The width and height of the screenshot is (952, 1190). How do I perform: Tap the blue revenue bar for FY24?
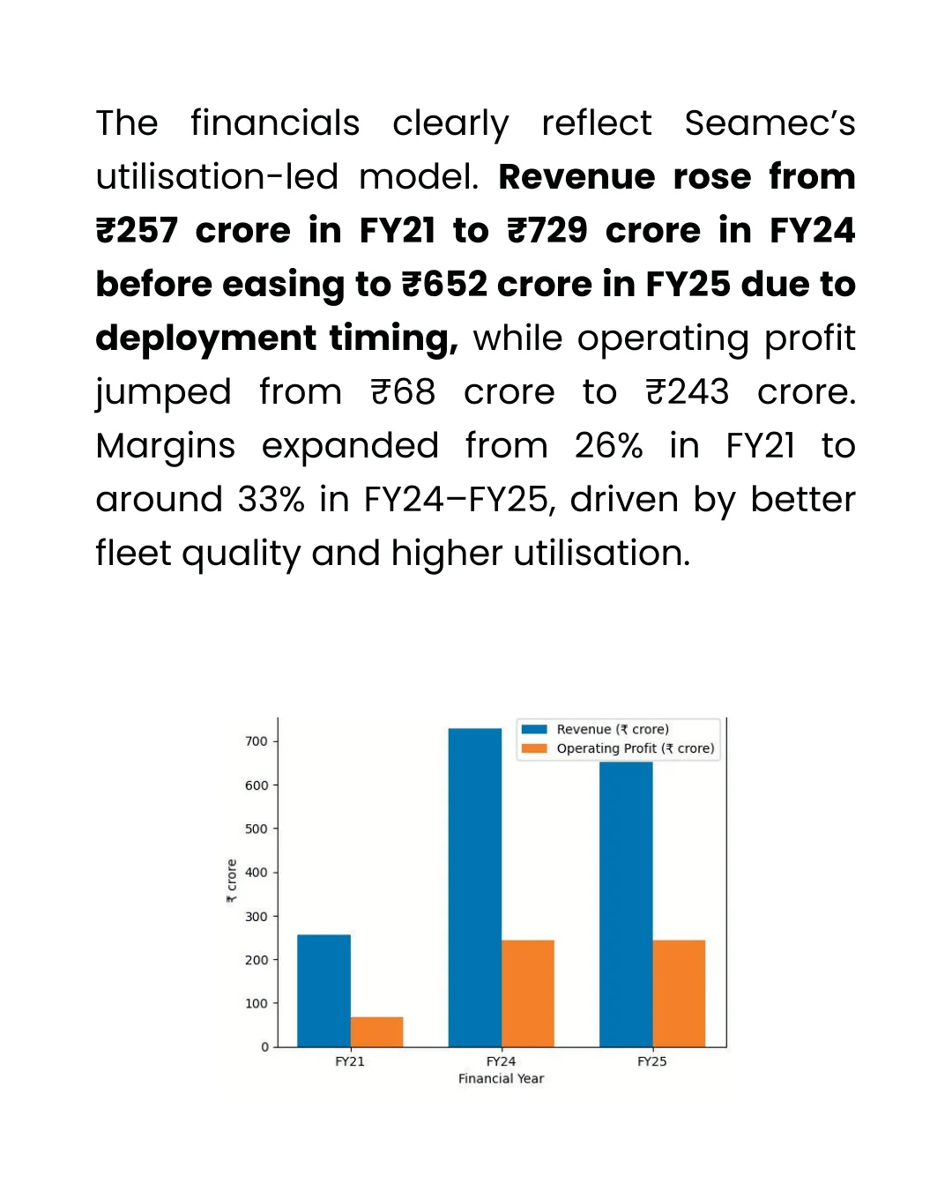(474, 887)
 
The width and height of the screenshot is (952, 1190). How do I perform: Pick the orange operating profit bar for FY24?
(527, 993)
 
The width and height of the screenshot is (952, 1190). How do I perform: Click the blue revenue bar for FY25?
(626, 904)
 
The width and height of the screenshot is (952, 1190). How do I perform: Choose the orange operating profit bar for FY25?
(679, 993)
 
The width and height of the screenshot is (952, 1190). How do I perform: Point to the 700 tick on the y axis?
(257, 741)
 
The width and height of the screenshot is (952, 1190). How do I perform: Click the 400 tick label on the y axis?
(257, 873)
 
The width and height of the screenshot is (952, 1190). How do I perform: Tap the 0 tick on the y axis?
(264, 1047)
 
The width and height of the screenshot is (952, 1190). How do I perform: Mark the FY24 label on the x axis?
(501, 1061)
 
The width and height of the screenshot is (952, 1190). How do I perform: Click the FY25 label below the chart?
(652, 1061)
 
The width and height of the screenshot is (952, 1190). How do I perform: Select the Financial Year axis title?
(501, 1079)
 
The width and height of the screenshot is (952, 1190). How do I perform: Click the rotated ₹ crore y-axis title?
(232, 881)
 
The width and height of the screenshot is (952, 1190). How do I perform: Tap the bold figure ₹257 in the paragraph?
(137, 231)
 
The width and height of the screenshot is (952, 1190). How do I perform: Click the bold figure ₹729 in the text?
(547, 231)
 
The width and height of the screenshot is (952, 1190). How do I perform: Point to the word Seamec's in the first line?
(770, 123)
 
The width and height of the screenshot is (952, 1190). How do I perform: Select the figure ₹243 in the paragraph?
(688, 392)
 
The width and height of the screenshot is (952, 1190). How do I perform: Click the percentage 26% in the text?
(608, 446)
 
